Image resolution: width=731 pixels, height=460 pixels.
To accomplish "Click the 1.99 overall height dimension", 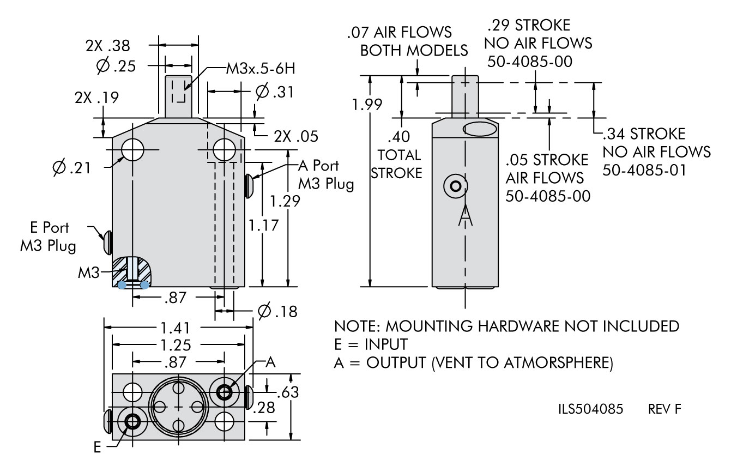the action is [x=367, y=105].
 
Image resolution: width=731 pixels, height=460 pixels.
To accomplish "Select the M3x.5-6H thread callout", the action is [x=261, y=69].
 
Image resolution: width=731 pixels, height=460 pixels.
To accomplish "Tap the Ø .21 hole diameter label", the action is [x=71, y=168].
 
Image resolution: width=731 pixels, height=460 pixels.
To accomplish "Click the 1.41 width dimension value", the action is [x=175, y=328].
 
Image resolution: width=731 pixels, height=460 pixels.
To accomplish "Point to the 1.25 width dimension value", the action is [x=176, y=345].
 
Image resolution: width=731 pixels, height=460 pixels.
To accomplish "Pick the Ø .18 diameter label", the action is [x=277, y=311].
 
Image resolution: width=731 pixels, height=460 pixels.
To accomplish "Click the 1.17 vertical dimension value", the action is [x=264, y=226].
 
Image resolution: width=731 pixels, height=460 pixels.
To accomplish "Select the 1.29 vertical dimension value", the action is [x=285, y=201].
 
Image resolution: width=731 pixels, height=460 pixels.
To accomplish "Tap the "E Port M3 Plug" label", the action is [x=49, y=237].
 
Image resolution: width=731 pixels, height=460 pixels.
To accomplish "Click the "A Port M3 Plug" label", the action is [x=326, y=175].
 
